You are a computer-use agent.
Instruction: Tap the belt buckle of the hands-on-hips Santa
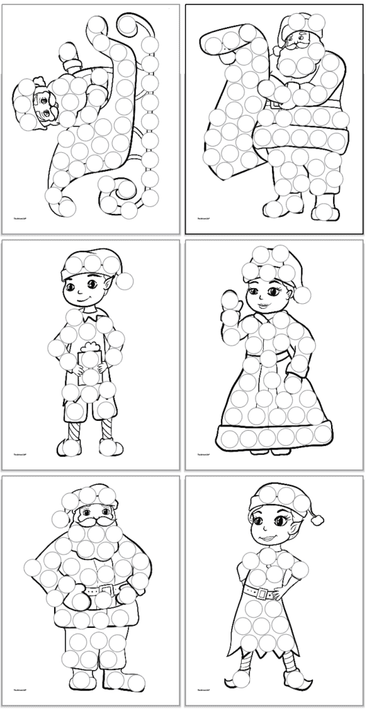105,592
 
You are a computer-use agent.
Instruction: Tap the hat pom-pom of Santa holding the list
277,50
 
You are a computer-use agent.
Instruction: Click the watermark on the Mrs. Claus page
202,455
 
